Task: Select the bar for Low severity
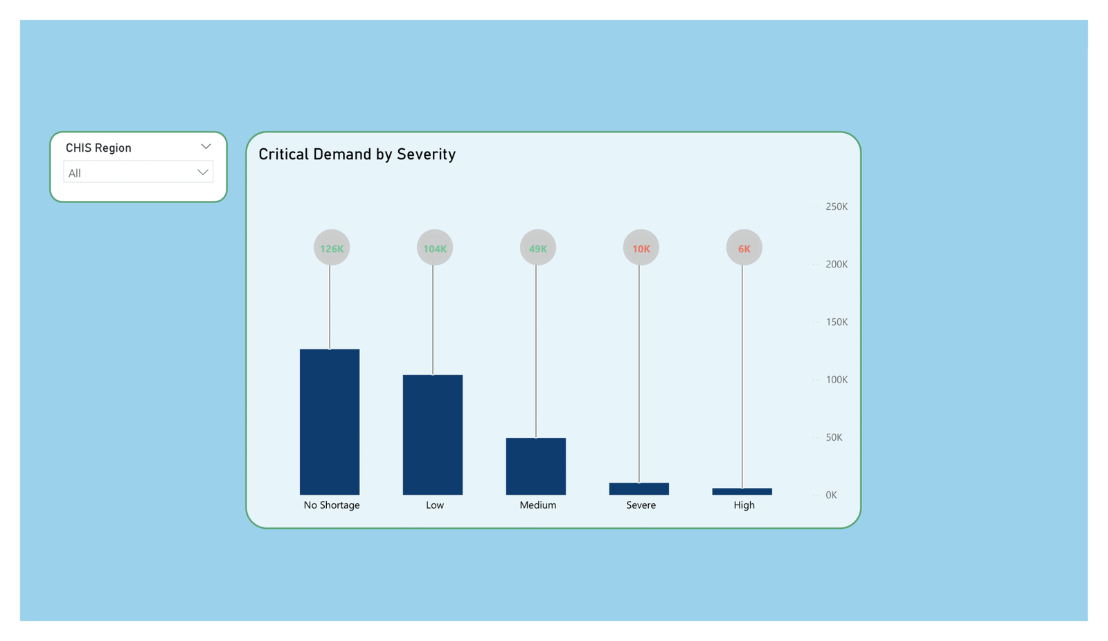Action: click(x=433, y=434)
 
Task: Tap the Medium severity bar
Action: click(x=536, y=466)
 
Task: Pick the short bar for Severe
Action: click(x=639, y=489)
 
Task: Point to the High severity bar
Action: click(x=742, y=491)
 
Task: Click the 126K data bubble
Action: click(x=332, y=248)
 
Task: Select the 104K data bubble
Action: click(x=435, y=248)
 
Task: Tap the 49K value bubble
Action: click(x=538, y=248)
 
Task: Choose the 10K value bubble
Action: click(x=641, y=248)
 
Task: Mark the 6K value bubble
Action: click(x=744, y=248)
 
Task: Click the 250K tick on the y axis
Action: click(x=837, y=207)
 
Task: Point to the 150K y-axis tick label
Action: click(x=837, y=322)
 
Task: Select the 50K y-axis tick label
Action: click(x=834, y=437)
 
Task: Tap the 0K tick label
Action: click(x=831, y=495)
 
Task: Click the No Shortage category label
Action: click(x=332, y=505)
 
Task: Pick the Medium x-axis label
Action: click(x=538, y=505)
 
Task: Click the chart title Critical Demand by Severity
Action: click(x=357, y=155)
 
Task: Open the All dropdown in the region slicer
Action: click(x=138, y=173)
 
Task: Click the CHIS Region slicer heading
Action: click(x=98, y=148)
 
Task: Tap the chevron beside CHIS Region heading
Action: click(x=206, y=147)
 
